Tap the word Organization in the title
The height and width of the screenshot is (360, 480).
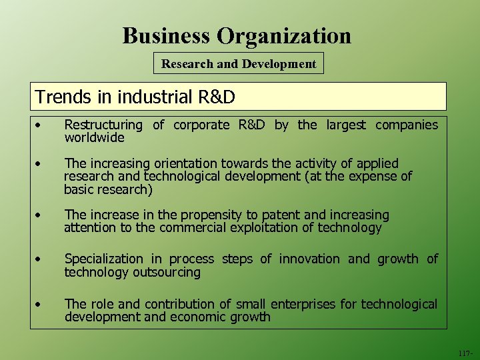286,35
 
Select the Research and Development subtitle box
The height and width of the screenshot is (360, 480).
239,64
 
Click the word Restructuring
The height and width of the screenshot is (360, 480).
103,125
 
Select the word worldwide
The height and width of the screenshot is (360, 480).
94,138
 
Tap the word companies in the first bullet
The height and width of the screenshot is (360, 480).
407,125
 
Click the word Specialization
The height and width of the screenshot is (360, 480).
103,259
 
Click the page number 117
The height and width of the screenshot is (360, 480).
465,353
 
